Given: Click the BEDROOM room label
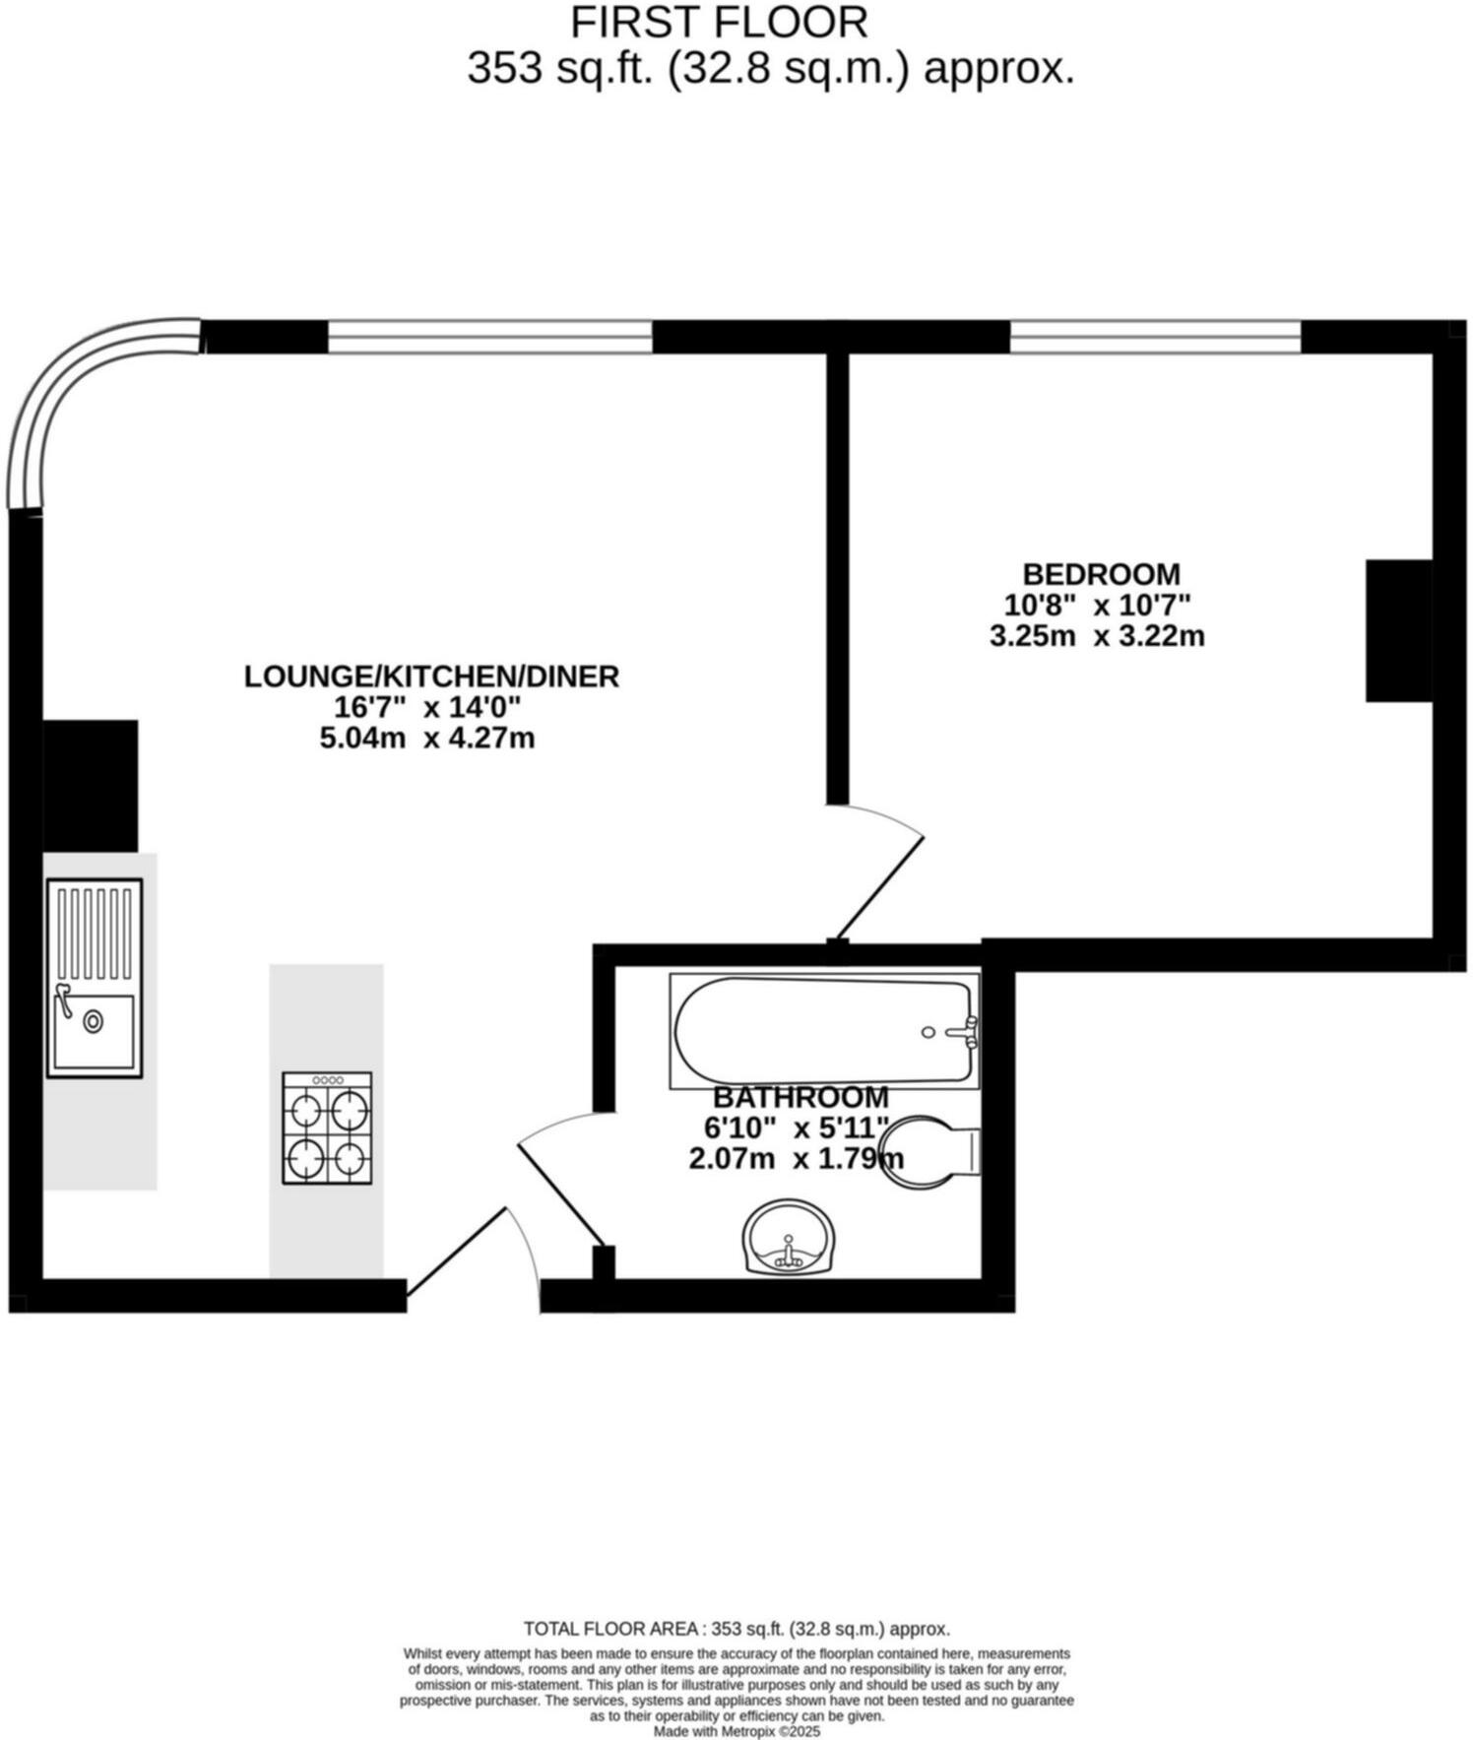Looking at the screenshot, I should tap(1100, 574).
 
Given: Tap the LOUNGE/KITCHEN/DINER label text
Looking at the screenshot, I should tap(431, 677).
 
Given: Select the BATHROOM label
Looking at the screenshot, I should tap(801, 1097).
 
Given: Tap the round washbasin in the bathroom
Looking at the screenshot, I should tap(789, 1239).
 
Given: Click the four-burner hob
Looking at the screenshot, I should tap(327, 1128).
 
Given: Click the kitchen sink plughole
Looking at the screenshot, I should tap(94, 1021).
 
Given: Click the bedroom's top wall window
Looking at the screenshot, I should tap(1155, 337).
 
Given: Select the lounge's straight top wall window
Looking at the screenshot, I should tap(489, 337).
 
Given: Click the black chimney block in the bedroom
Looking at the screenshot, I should tap(1398, 630).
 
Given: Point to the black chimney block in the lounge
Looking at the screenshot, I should tap(90, 786).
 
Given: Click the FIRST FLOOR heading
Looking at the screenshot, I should tap(719, 22).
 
